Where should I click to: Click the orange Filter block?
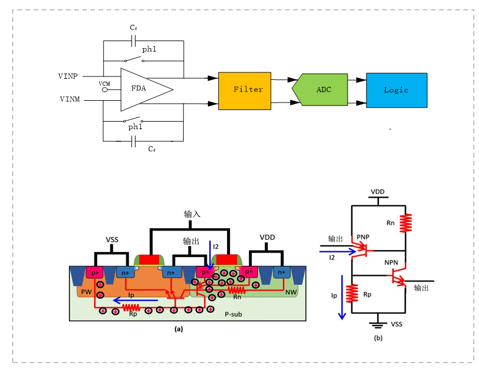point(244,90)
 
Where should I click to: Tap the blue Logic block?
point(396,90)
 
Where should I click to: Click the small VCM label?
point(104,84)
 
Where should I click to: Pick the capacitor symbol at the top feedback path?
point(133,41)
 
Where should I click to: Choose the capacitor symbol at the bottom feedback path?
point(133,140)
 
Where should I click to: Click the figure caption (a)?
point(178,328)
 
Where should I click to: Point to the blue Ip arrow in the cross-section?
point(136,300)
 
